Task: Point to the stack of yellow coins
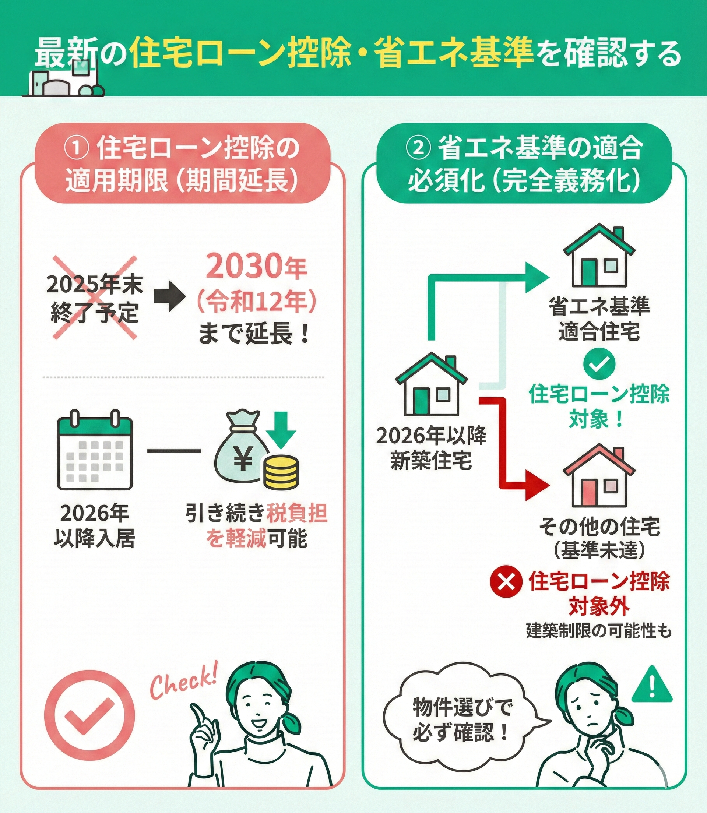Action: [281, 471]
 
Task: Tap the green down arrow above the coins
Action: [281, 430]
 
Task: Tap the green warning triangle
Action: [651, 686]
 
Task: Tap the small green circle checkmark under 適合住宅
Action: [599, 364]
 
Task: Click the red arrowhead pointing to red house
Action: [537, 486]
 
